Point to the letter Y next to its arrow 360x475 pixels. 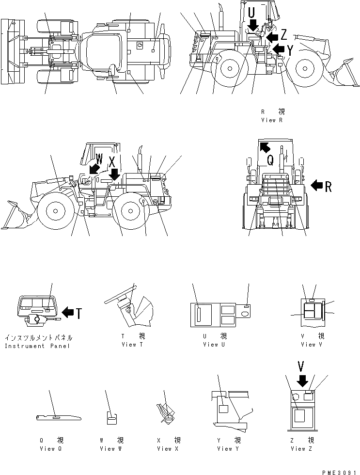tap(290, 49)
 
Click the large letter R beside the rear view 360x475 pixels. tap(329, 186)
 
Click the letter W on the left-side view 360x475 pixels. tap(99, 158)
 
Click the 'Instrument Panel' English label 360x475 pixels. tap(37, 346)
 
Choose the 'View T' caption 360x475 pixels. tap(132, 345)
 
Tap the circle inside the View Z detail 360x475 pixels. tap(297, 397)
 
